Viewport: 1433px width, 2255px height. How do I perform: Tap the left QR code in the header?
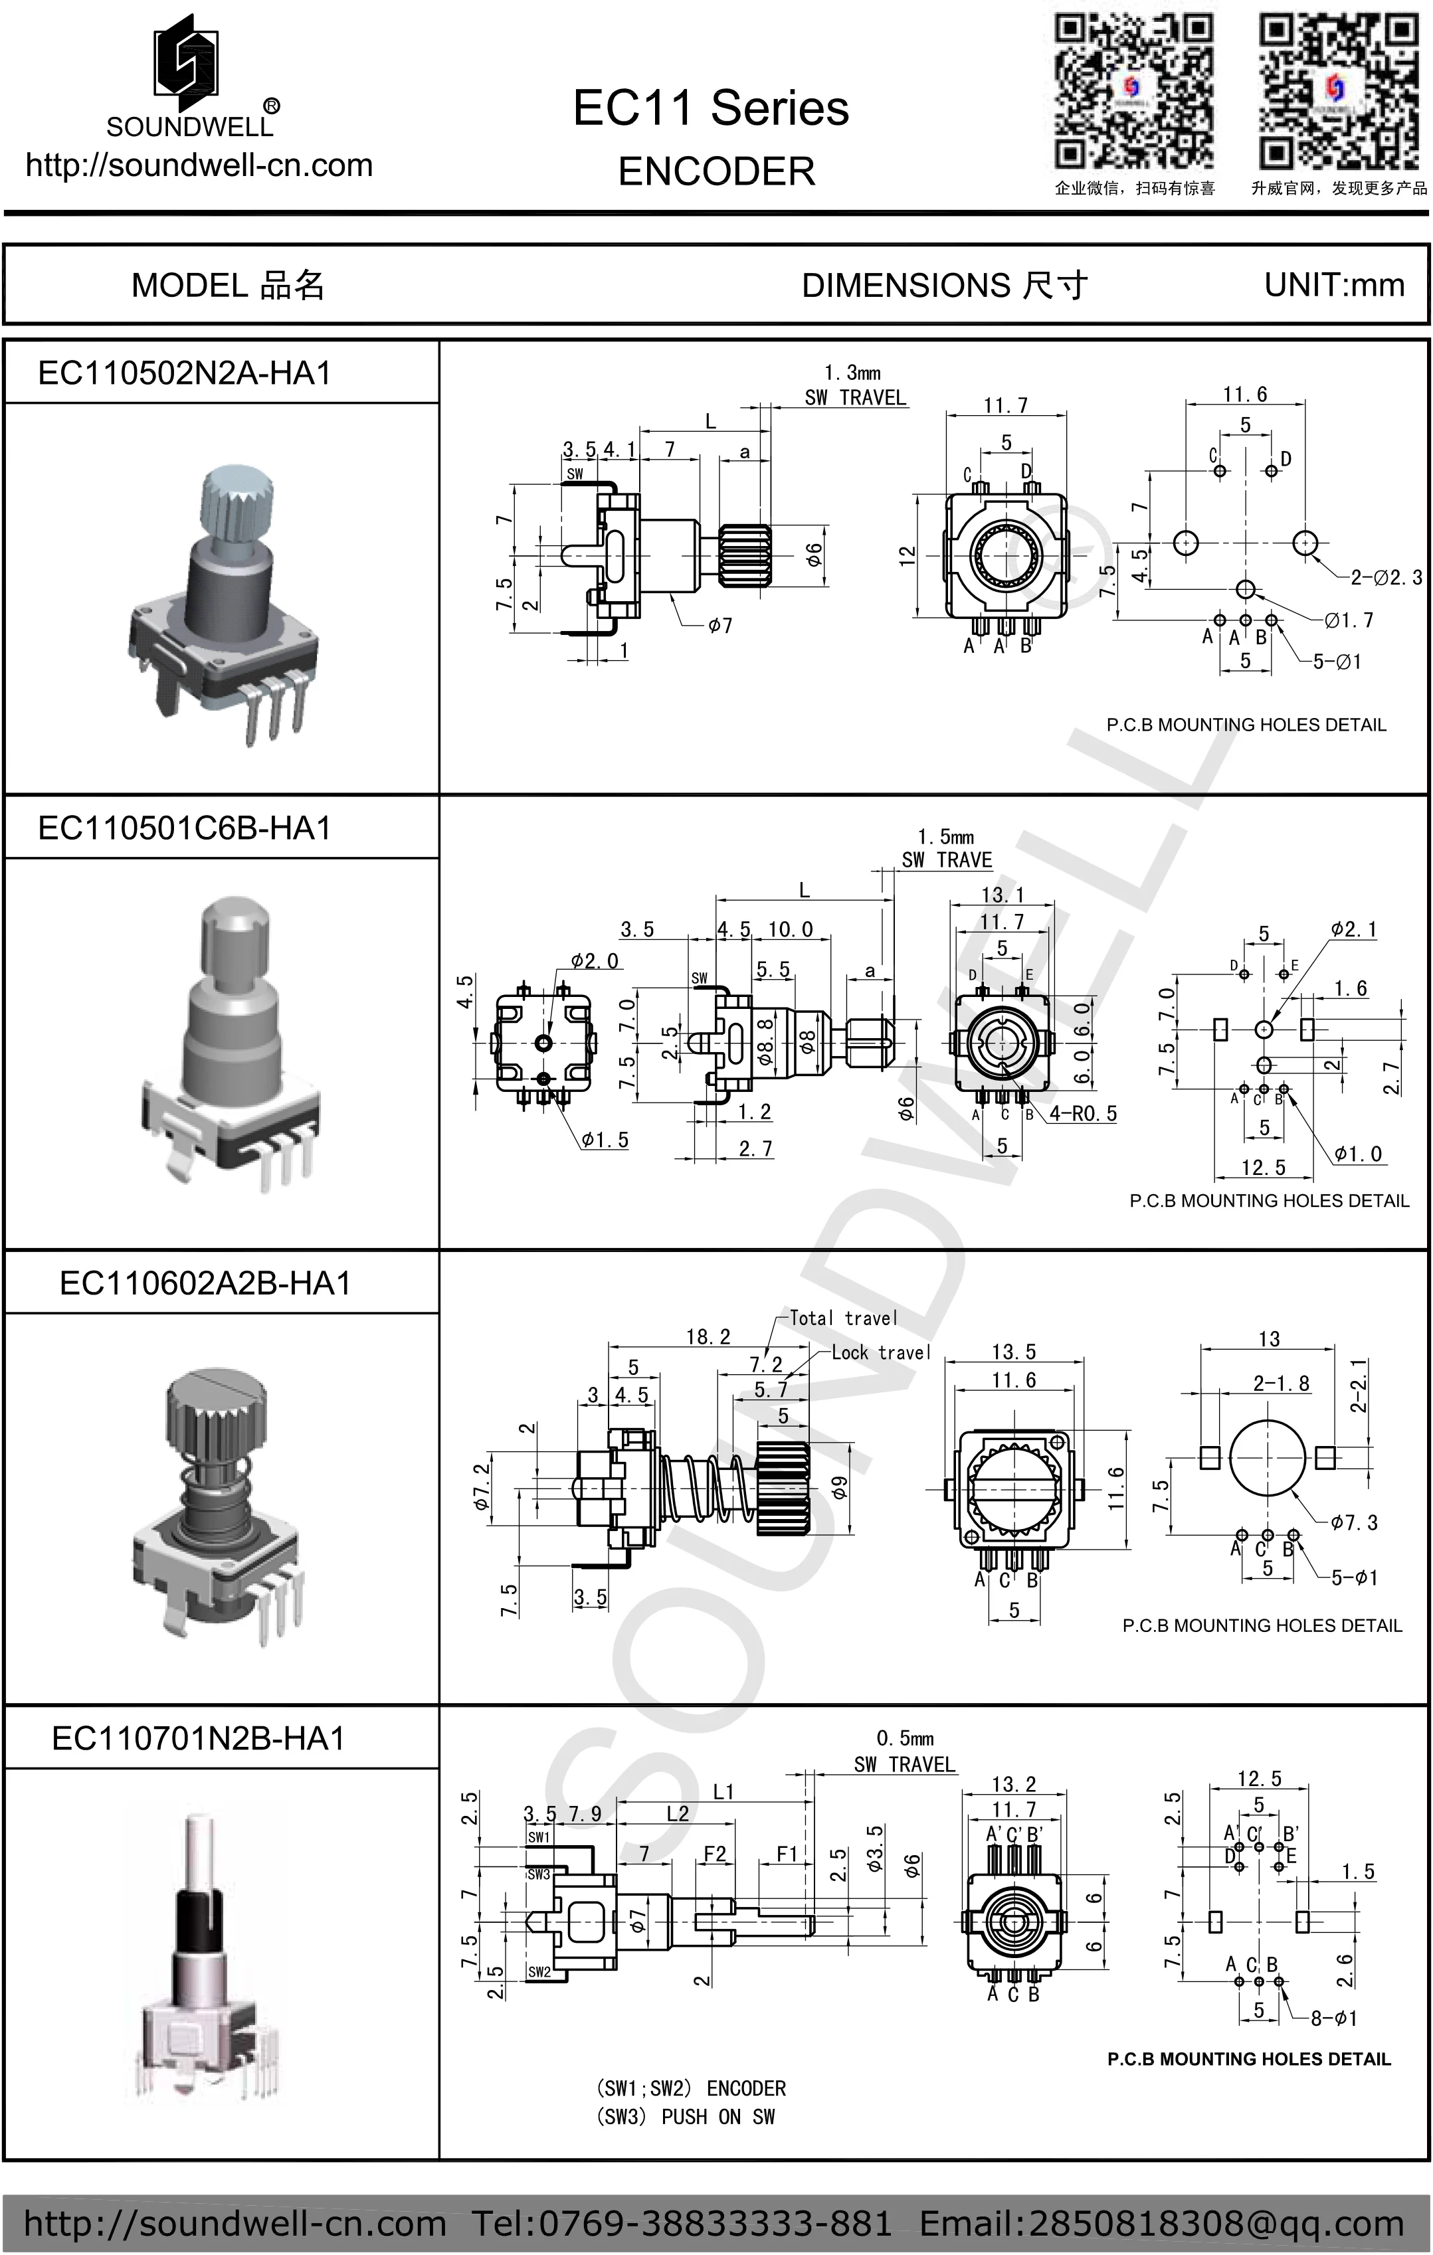click(x=1134, y=92)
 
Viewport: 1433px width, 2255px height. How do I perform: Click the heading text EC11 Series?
click(x=710, y=109)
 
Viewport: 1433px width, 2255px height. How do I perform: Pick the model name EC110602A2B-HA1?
click(x=205, y=1283)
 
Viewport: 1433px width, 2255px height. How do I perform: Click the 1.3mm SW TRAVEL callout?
click(x=854, y=386)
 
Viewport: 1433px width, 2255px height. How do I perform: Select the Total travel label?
click(x=843, y=1318)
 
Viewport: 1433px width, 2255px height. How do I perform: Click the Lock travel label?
click(x=880, y=1352)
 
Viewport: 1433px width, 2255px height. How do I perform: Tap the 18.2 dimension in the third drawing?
click(x=708, y=1337)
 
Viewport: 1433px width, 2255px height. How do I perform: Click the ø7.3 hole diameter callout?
click(x=1355, y=1522)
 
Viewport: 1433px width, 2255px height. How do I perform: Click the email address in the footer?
click(x=1161, y=2223)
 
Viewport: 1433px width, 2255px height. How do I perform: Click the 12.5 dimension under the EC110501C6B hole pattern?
click(x=1262, y=1168)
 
